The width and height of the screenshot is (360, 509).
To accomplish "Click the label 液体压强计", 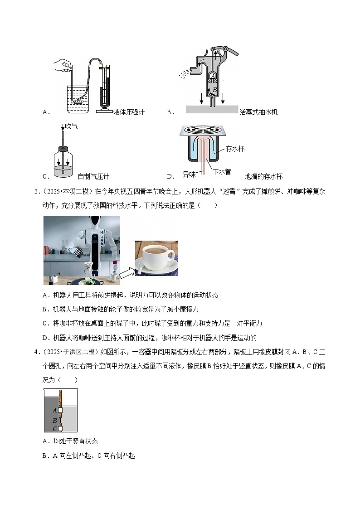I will click(x=129, y=112).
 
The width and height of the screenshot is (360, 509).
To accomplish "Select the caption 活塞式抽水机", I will click(x=258, y=112).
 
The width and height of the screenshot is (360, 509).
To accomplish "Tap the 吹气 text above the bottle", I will click(x=72, y=126).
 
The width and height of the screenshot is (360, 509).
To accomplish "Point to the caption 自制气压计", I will click(x=93, y=177).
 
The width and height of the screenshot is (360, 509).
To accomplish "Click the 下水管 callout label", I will click(x=222, y=172).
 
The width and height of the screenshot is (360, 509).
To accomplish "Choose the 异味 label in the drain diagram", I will click(x=190, y=174).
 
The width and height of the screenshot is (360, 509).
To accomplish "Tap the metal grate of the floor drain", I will click(x=203, y=130).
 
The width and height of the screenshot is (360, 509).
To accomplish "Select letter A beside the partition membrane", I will click(x=54, y=410).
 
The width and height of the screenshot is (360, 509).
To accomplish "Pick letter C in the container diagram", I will click(x=54, y=429).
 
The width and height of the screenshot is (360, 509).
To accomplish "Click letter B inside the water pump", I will click(x=215, y=90).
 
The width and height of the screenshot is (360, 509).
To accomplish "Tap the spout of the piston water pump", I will click(x=196, y=69).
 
